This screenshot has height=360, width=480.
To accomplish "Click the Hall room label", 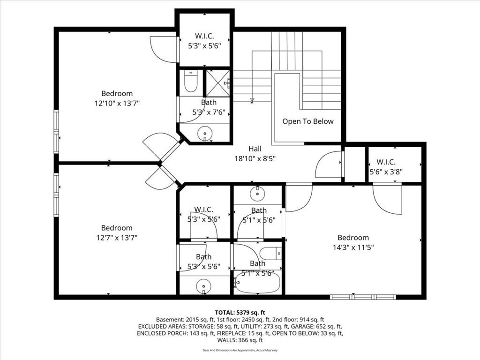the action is [255, 149].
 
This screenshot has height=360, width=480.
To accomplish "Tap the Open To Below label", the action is [307, 121].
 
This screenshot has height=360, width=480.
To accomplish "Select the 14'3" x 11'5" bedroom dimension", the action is [353, 247].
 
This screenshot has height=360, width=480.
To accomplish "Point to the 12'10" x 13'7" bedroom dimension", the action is [117, 103].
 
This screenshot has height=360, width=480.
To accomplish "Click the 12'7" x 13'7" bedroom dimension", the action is [117, 238].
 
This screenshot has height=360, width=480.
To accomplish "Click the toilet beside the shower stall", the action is [191, 81].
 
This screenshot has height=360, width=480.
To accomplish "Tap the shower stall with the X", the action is [217, 83].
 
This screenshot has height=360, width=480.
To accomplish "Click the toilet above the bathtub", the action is [270, 253].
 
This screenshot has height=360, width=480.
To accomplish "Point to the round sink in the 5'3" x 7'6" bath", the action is [205, 134].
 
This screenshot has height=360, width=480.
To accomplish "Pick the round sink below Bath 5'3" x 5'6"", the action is [203, 286].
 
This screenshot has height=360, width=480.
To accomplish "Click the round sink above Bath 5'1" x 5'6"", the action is [257, 194].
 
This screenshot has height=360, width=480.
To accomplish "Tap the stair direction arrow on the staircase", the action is [252, 100].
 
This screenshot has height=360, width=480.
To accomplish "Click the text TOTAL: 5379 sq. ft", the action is [240, 313].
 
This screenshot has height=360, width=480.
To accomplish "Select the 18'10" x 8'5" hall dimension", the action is [255, 158].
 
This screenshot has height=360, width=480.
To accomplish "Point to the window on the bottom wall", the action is [363, 297].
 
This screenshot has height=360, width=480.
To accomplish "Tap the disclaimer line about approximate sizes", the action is [240, 350].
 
